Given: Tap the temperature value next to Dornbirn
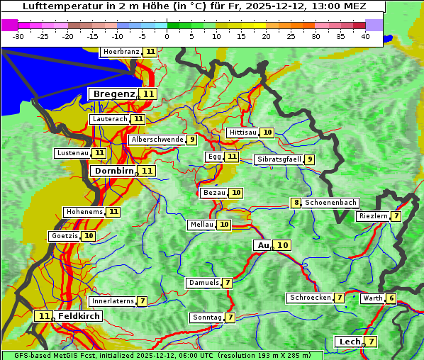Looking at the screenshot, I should coord(147,171).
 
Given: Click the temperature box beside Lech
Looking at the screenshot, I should coord(370,342).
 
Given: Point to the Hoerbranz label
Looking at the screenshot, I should coord(121,52).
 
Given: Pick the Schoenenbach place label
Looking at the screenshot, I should coord(330,203).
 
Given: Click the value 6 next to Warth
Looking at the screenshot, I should coord(391,298).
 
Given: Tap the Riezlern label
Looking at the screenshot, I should coord(373,216).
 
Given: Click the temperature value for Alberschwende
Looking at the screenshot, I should coord(192,140).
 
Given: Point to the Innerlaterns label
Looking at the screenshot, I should coord(113,301).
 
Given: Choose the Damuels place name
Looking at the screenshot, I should coord(203,283).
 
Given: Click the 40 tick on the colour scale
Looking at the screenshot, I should coord(365,36).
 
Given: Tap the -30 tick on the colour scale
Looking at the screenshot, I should coord(18,36).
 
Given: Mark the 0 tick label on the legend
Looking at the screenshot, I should coord(167,36).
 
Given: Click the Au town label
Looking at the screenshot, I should coord(263,245).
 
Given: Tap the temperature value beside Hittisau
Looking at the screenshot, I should coord(267,133).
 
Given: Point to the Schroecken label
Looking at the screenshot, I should coord(310,298).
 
